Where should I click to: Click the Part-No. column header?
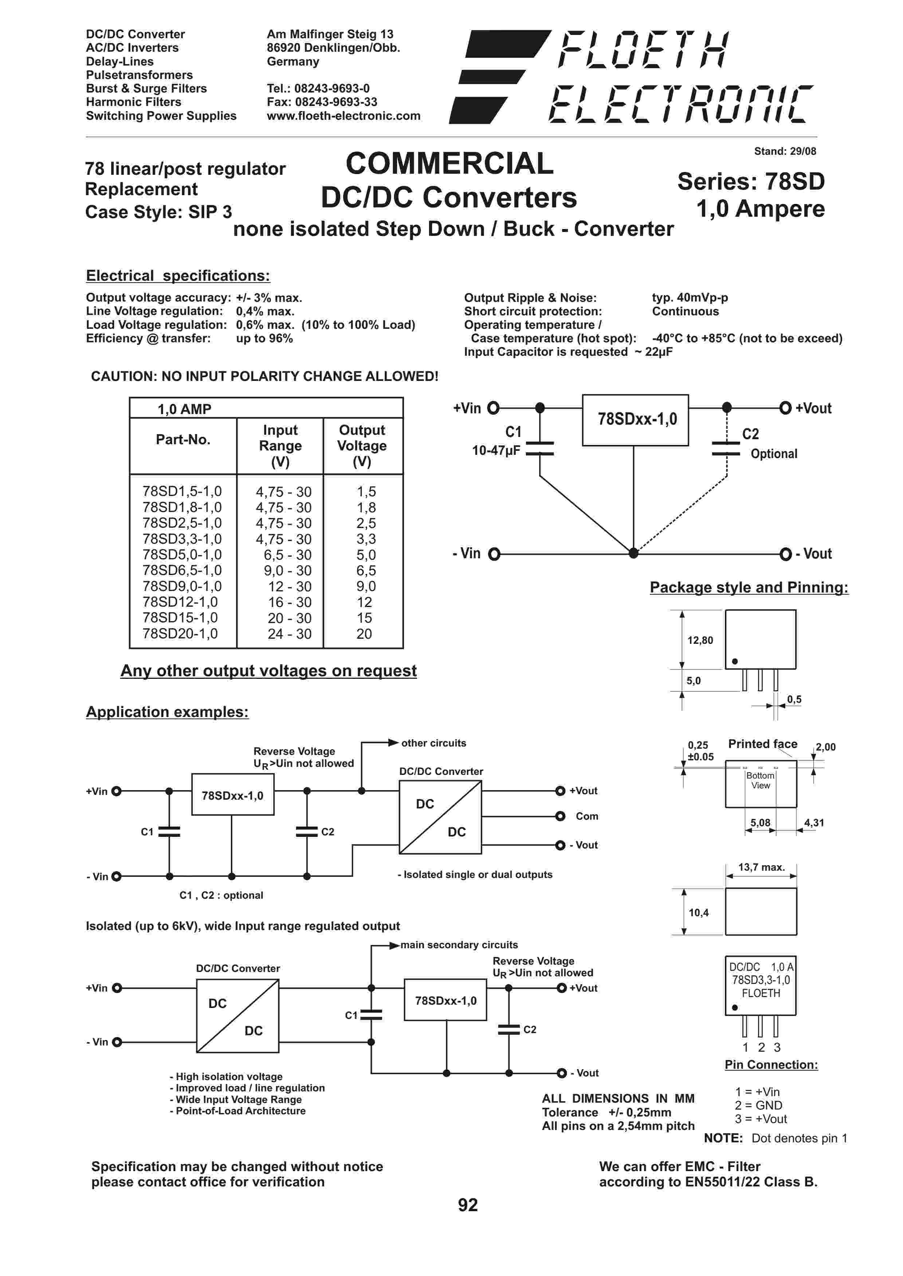tap(183, 440)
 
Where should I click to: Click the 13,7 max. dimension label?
tap(761, 867)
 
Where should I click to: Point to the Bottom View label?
tap(760, 780)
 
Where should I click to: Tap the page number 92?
tap(468, 1205)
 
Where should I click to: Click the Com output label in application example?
tap(586, 816)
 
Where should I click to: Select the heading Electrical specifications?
tap(178, 276)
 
